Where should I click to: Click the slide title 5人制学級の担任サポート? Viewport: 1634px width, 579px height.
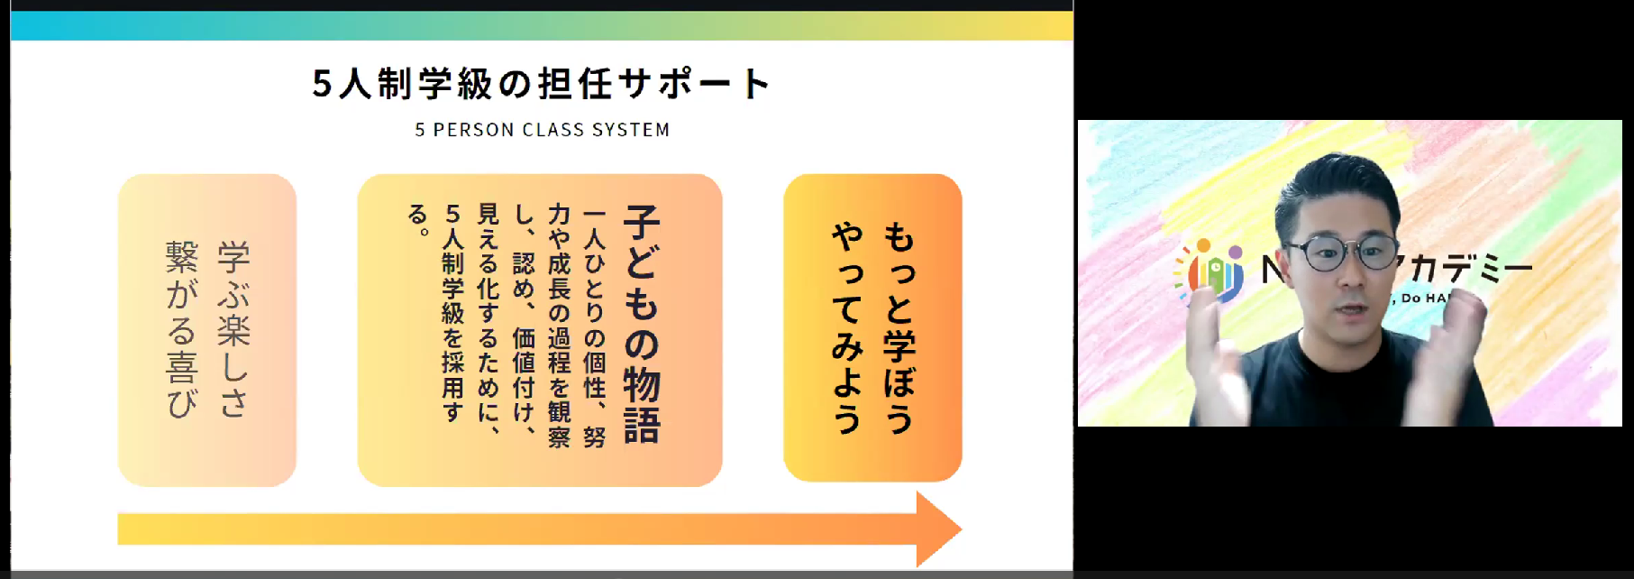click(541, 84)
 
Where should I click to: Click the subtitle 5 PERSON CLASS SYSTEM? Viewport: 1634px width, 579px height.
click(542, 130)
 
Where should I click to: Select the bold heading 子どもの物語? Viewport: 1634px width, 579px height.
click(642, 325)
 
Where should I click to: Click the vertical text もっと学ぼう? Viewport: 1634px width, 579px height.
click(899, 327)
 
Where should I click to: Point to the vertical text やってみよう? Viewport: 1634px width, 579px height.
click(847, 327)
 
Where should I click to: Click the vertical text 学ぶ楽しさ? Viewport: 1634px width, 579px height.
click(233, 329)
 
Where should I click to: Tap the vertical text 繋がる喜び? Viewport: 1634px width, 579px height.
click(182, 329)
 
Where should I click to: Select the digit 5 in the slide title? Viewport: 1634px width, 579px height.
click(322, 84)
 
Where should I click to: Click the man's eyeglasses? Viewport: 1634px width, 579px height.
click(1341, 253)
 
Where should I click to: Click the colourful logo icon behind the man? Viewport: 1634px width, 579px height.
click(1210, 271)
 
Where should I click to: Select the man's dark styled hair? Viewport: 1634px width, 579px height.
click(1334, 189)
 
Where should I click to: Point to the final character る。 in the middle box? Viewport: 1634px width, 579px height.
click(418, 218)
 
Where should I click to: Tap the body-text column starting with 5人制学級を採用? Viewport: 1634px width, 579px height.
click(452, 311)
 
